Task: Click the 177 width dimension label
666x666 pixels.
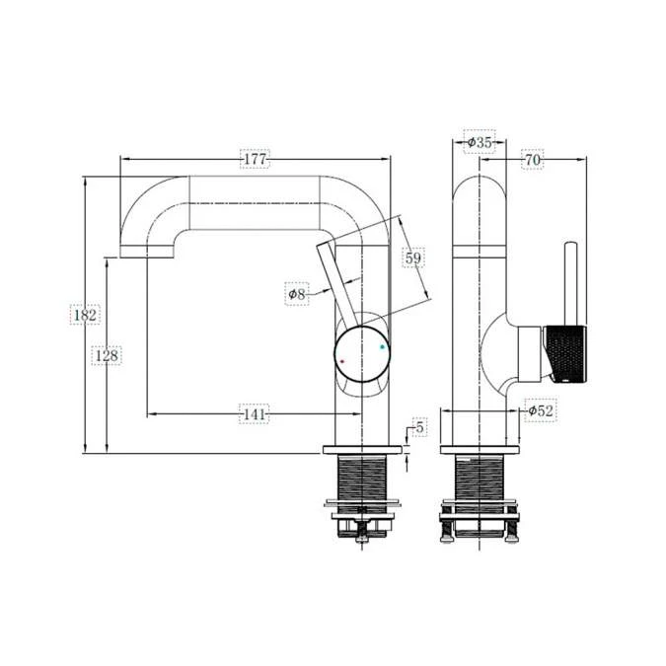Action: pos(255,158)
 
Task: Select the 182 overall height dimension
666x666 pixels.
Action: pos(84,315)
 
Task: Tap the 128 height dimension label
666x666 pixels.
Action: pos(107,354)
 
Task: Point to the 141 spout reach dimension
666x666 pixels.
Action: pos(255,415)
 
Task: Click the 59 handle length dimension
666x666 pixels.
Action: pos(414,259)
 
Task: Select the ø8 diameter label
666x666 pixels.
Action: pos(297,293)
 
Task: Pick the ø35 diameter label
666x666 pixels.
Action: pos(479,142)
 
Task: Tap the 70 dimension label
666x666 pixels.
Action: pos(532,159)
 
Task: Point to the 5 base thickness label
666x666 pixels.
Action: pos(419,427)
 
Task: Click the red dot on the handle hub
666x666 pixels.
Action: pos(342,362)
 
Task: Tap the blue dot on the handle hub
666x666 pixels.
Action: pos(383,347)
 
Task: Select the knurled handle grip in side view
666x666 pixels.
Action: pos(566,351)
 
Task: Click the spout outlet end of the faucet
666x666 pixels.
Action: pos(147,251)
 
